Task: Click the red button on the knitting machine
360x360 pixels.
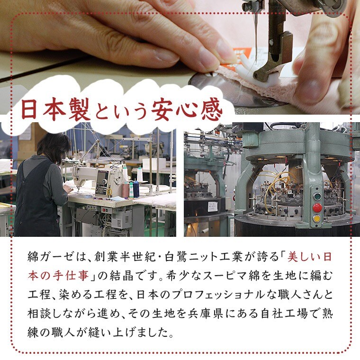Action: (317, 207)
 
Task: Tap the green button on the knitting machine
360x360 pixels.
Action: (317, 197)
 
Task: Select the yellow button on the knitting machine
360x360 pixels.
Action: (317, 218)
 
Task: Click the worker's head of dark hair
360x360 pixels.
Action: (54, 146)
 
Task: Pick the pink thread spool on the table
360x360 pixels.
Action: (126, 189)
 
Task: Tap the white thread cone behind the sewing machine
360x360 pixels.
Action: (140, 175)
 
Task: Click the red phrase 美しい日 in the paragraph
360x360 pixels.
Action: (309, 257)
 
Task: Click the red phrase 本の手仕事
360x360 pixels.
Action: (58, 276)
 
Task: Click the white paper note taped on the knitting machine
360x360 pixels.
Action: (213, 207)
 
